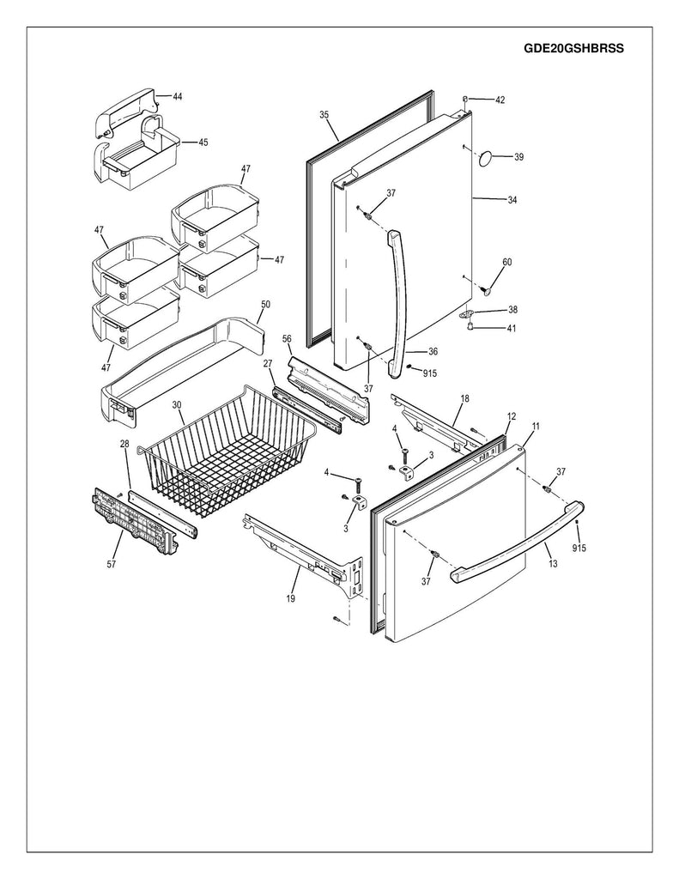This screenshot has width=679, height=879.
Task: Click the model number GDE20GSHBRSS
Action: click(x=573, y=49)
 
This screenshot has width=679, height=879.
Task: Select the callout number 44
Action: click(x=177, y=97)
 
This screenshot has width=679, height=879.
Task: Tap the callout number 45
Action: click(x=203, y=142)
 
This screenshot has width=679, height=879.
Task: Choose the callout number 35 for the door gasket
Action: click(x=324, y=114)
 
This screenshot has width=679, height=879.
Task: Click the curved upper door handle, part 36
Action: click(x=397, y=300)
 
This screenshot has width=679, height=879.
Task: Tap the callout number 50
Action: click(x=264, y=305)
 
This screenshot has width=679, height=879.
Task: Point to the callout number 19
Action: click(x=291, y=598)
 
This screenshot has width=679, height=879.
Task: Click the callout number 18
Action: click(x=464, y=399)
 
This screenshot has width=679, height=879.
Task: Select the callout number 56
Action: click(x=287, y=338)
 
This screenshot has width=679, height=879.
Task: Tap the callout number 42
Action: click(x=500, y=100)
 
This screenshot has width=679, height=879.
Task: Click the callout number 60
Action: click(x=506, y=262)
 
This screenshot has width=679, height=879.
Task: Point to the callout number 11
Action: click(x=536, y=426)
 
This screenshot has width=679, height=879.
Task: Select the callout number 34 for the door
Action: click(x=512, y=200)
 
